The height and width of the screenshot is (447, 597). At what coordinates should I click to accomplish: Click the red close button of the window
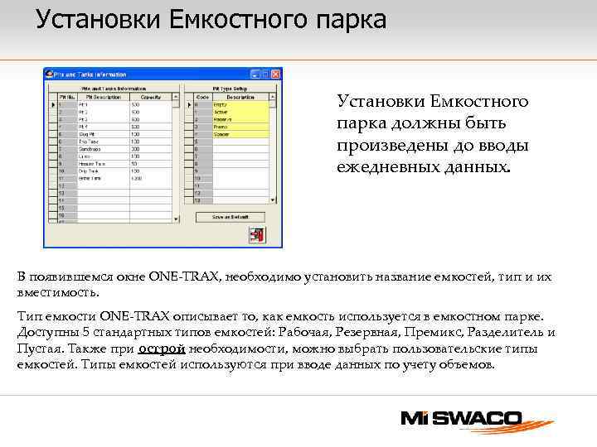click(276, 73)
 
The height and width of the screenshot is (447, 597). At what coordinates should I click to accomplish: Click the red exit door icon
click(256, 234)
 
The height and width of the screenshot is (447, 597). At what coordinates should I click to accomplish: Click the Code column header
click(201, 98)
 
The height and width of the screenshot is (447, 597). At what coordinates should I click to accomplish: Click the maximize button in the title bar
click(266, 73)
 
